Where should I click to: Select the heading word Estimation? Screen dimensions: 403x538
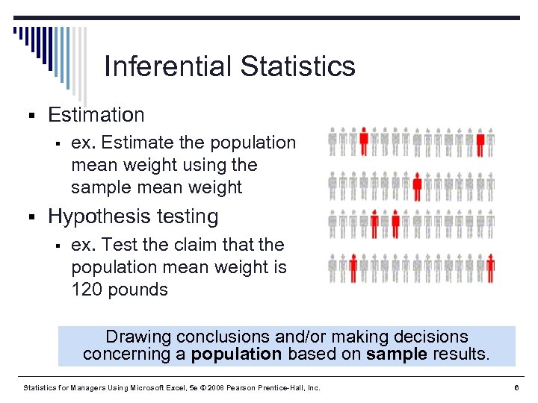tap(96, 115)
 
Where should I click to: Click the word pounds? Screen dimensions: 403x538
tap(138, 290)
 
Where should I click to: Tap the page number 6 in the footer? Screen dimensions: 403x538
tap(516, 388)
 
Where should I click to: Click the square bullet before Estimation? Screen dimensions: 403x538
tap(31, 116)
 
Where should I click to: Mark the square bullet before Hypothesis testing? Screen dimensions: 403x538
tap(31, 218)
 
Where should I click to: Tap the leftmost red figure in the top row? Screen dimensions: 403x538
tap(364, 141)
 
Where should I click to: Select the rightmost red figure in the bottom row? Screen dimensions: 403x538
tap(490, 267)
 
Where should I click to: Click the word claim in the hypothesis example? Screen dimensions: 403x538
tap(205, 245)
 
